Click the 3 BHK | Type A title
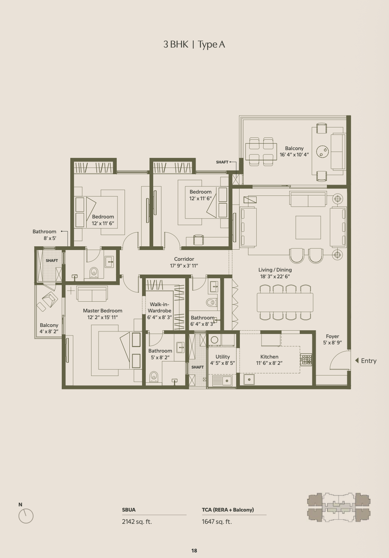[194, 45]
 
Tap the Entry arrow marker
[357, 360]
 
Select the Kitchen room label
[269, 357]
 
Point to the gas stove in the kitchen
[306, 360]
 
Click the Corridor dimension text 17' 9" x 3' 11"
[184, 266]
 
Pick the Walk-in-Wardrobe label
[160, 307]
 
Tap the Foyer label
[332, 336]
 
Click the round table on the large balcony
[322, 152]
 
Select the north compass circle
[26, 516]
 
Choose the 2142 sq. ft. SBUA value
[137, 521]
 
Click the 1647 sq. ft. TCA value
[217, 521]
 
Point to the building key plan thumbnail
[339, 507]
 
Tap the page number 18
[194, 551]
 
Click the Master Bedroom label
[103, 311]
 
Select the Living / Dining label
[275, 270]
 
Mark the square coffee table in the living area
[308, 227]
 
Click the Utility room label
[223, 357]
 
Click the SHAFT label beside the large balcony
[222, 162]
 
